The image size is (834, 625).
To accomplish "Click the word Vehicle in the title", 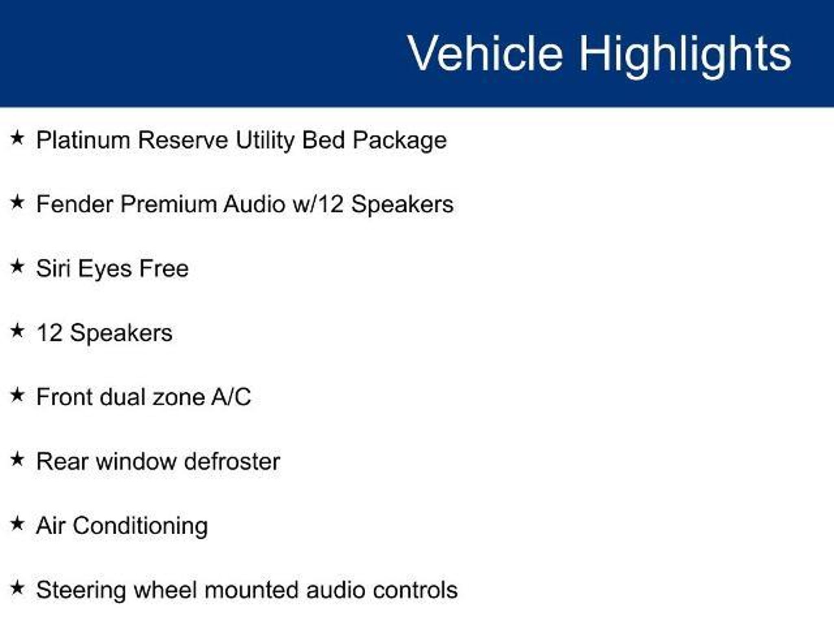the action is click(485, 53).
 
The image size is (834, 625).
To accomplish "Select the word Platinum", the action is click(83, 140).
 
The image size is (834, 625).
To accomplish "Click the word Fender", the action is click(75, 204).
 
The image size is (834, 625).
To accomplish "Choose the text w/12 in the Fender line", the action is click(318, 204).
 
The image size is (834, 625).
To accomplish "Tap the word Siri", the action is click(53, 268).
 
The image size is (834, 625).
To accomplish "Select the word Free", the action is click(164, 269).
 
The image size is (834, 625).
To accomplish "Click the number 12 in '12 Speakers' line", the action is click(49, 333).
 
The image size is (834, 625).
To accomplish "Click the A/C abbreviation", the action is click(231, 397).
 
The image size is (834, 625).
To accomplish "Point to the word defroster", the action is click(232, 461).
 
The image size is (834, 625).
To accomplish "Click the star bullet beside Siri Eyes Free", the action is click(17, 267).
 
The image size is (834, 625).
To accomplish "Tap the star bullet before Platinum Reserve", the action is click(17, 138).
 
